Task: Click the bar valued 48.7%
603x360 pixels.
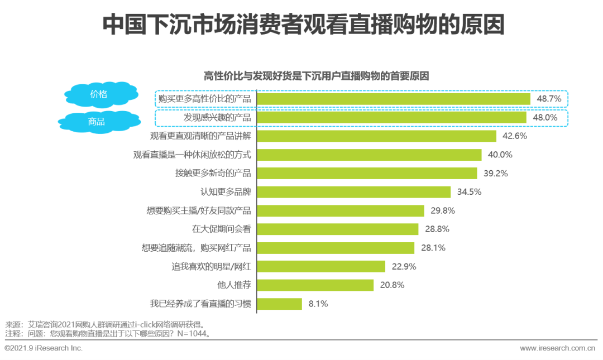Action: (x=393, y=99)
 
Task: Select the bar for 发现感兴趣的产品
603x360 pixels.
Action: (x=391, y=118)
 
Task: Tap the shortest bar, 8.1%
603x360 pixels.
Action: (x=279, y=304)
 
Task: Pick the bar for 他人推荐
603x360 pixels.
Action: (x=315, y=285)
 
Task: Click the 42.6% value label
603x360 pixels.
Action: (x=514, y=136)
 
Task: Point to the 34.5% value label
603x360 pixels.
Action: (x=468, y=192)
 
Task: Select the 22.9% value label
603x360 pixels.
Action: (x=403, y=267)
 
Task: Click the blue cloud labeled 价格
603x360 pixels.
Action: (x=99, y=94)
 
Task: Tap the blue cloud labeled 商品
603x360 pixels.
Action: (x=96, y=121)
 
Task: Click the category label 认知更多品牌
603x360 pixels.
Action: (x=226, y=192)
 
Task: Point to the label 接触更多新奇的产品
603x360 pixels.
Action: (x=213, y=174)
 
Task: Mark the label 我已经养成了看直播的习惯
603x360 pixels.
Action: (x=200, y=304)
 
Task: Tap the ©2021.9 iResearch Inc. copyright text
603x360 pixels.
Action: (x=44, y=348)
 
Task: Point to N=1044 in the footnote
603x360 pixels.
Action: (x=193, y=334)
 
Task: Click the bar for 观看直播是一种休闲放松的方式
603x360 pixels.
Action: (x=368, y=155)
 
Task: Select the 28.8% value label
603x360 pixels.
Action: (x=436, y=229)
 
